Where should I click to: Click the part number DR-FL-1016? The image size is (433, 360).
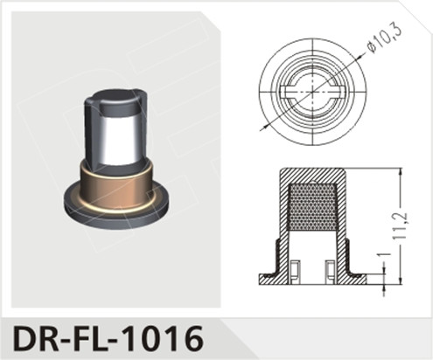pos(104,336)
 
